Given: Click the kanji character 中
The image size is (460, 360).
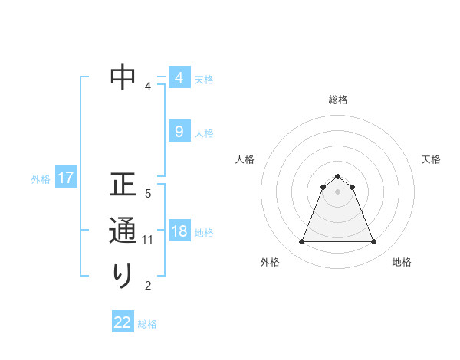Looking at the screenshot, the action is click(123, 77).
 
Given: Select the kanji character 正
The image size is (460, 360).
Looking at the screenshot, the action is click(123, 185).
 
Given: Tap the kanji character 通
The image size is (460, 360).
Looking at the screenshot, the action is click(123, 230).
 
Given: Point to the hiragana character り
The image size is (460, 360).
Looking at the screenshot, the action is click(123, 275).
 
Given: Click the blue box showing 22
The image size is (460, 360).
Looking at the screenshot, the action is click(123, 322).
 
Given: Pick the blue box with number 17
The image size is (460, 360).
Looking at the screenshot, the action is click(66, 178).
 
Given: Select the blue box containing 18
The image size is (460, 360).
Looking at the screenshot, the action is click(179, 232).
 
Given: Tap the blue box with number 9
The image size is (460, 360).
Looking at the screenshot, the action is click(179, 132).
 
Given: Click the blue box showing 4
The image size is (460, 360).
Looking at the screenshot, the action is click(179, 78).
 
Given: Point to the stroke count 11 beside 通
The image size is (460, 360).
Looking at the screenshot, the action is click(148, 240).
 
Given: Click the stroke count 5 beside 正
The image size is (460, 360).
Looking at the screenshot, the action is click(148, 194).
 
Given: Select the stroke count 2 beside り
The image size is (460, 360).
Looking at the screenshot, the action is click(148, 286).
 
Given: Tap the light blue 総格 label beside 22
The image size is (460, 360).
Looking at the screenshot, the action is click(148, 324).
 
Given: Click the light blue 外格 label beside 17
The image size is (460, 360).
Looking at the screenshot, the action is click(41, 179).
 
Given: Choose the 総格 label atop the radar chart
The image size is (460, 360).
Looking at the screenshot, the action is click(337, 100).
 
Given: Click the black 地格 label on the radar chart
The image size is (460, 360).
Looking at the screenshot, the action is click(402, 262).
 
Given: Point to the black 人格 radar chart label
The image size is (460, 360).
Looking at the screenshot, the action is click(245, 159).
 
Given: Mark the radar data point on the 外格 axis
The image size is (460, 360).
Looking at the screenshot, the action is click(301, 242).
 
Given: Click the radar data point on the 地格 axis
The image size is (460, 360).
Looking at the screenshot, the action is click(374, 242).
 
